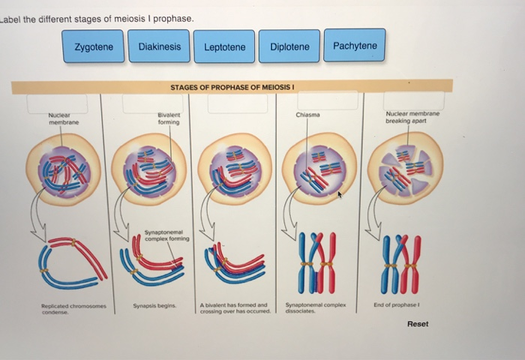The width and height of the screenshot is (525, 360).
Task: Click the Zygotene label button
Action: pos(94,46)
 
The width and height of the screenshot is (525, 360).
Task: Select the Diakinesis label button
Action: pos(159,46)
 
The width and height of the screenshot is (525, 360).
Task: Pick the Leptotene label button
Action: pos(224,46)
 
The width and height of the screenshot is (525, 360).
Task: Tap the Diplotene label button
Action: pos(289,46)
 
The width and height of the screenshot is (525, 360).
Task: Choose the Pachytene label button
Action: pos(355,46)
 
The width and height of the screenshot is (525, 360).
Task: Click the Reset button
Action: pos(418,324)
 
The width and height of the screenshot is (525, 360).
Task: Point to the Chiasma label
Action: pos(307,115)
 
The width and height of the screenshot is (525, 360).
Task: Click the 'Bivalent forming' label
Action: pos(169,118)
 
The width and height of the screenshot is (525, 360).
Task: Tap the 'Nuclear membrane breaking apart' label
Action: pos(412,118)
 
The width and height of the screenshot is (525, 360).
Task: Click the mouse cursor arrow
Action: pos(340,195)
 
